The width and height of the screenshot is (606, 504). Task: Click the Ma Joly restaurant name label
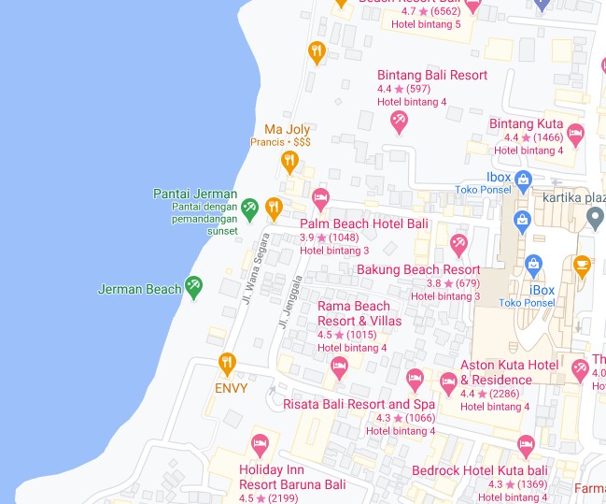[x=287, y=129]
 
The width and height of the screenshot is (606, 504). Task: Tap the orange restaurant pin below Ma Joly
[x=289, y=162]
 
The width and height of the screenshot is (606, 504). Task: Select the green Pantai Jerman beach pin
[x=249, y=208]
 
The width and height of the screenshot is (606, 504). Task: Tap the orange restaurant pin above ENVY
[x=226, y=363]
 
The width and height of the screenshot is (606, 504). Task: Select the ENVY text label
[x=231, y=388]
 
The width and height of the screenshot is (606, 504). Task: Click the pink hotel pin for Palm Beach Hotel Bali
[x=320, y=197]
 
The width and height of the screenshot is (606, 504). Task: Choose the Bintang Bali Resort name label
[x=431, y=75]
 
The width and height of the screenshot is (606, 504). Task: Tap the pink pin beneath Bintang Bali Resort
[x=400, y=121]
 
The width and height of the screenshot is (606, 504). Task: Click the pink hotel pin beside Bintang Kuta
[x=576, y=134]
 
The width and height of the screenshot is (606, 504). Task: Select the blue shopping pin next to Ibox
[x=523, y=179]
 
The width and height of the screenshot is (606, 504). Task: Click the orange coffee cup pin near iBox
[x=582, y=266]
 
